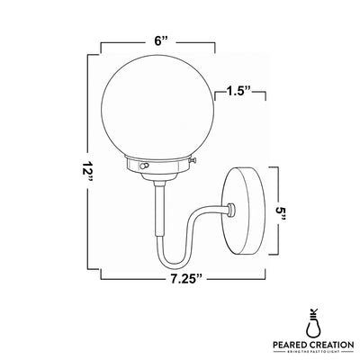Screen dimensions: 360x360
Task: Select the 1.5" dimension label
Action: pos(238,91)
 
